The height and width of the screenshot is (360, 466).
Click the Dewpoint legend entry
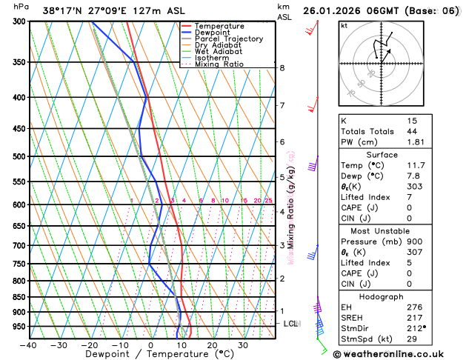tap(210, 33)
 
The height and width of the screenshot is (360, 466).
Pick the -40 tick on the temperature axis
tap(28, 345)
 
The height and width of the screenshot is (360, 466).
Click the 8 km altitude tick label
tap(282, 68)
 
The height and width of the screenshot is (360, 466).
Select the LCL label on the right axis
tap(290, 324)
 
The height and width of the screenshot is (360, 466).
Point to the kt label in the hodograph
tap(344, 25)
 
